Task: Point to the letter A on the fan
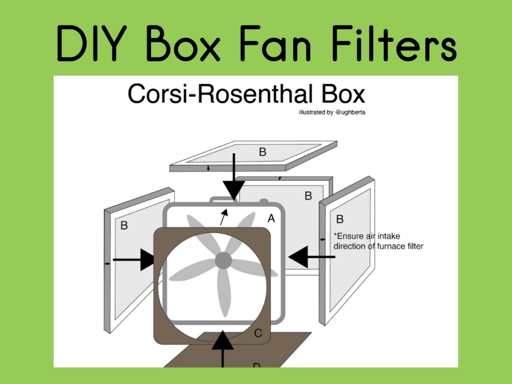[271, 218]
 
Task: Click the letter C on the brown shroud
[258, 333]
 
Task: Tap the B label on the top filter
[262, 152]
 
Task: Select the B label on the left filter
[124, 225]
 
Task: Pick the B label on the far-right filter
[340, 219]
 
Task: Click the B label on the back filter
[308, 195]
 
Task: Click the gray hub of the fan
[223, 260]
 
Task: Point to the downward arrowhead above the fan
[233, 190]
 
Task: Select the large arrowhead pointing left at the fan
[300, 257]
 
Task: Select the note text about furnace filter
[378, 241]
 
